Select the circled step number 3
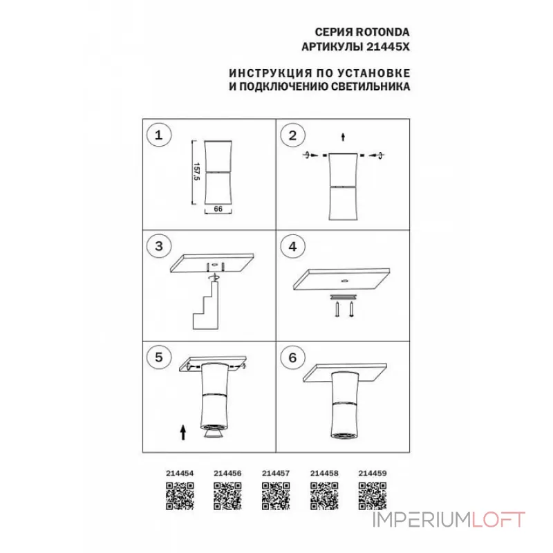(x=160, y=246)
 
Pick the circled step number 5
(x=160, y=357)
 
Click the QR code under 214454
(x=179, y=495)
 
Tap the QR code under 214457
(x=276, y=495)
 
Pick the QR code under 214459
(x=373, y=495)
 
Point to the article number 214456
(x=227, y=474)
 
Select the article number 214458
(x=324, y=474)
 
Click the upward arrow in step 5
(x=182, y=433)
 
